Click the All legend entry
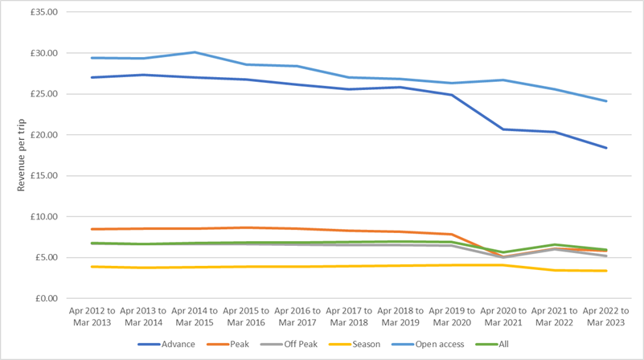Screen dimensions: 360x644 point(502,344)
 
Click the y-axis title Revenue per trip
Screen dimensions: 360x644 point(22,155)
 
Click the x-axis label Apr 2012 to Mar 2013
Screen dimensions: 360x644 point(90,315)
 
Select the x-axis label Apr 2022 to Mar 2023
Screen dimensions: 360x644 point(605,315)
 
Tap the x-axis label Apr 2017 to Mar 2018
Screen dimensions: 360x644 point(347,315)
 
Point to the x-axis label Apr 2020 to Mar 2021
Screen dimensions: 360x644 point(502,315)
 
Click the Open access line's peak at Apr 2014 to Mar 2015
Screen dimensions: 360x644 point(193,52)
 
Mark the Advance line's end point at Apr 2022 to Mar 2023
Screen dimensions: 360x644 point(606,148)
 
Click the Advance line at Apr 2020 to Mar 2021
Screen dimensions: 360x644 point(502,129)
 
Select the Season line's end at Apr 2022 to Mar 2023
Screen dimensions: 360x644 point(606,271)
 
